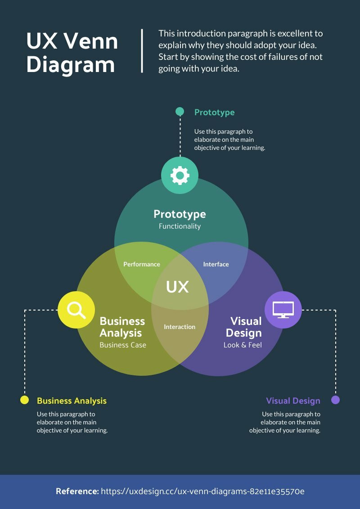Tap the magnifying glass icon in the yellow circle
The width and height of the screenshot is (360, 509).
tap(76, 310)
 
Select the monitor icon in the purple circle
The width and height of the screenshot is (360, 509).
tap(283, 309)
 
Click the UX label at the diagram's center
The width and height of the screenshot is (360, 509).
tap(177, 287)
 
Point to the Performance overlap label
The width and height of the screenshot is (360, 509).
tap(142, 264)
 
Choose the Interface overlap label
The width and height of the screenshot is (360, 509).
tap(216, 264)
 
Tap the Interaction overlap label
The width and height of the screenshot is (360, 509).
tap(180, 327)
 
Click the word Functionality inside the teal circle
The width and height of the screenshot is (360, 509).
tap(180, 226)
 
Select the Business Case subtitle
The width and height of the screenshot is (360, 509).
tap(123, 345)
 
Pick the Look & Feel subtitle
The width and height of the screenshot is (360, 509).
tap(243, 345)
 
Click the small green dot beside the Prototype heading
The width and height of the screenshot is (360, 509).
tap(180, 112)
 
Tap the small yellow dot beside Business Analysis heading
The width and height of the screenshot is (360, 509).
tap(25, 400)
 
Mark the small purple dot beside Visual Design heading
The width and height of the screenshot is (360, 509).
tap(335, 400)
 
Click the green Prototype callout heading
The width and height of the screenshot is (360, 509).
tap(214, 113)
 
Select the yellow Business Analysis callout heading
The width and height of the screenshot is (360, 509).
tap(72, 401)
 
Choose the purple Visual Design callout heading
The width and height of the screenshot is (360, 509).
tap(293, 401)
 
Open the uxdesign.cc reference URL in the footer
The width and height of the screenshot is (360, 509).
tap(202, 491)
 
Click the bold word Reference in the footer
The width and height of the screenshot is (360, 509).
tap(77, 491)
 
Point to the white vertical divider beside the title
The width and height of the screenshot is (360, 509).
tap(142, 50)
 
